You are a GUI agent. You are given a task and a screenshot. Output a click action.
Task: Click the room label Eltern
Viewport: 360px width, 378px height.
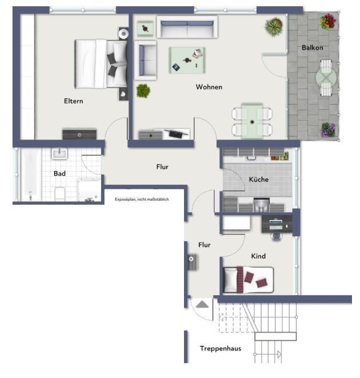74,101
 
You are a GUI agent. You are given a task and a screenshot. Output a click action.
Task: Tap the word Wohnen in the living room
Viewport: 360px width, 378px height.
209,87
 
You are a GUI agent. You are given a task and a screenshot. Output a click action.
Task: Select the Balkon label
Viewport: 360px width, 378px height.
312,47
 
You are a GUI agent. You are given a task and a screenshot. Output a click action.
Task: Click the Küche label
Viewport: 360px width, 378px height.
258,180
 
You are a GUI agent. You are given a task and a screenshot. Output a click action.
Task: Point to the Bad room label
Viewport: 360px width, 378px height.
59,173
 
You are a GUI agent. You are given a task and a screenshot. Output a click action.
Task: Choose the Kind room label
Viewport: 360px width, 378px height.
258,256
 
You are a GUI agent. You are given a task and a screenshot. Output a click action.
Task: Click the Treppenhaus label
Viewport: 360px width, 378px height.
220,348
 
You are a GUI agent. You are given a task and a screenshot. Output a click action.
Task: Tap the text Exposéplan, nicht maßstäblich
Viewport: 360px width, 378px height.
142,199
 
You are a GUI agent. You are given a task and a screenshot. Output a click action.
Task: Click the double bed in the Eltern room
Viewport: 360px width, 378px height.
101,63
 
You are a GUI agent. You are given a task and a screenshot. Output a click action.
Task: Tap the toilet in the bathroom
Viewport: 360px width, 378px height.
60,193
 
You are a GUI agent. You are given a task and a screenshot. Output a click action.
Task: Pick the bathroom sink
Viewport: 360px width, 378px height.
59,154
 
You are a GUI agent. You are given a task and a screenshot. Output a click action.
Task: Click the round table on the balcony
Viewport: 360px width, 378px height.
326,76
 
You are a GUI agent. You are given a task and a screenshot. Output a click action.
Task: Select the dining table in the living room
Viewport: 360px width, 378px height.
251,121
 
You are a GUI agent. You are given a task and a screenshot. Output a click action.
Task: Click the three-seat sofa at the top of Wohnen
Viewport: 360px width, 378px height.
187,27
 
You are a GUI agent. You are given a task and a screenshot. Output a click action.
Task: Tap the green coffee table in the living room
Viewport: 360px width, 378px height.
187,59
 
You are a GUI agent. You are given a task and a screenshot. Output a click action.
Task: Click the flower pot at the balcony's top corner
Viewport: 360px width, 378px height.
328,22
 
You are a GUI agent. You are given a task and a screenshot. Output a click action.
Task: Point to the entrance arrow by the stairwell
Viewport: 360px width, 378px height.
202,305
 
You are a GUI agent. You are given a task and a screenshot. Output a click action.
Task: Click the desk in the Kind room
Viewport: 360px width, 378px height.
277,223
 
